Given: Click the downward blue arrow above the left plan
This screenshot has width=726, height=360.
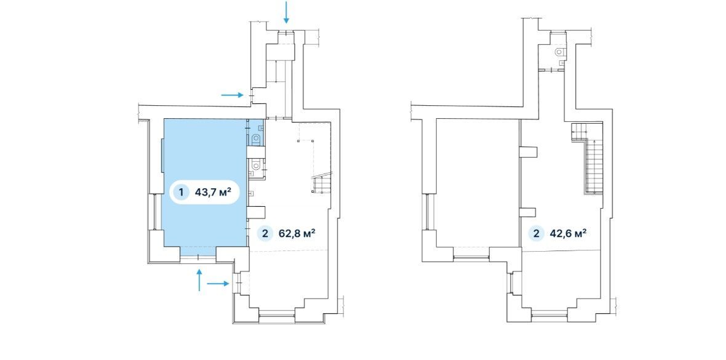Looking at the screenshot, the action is (x=286, y=12).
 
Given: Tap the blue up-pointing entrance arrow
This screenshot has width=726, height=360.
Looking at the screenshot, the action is (x=199, y=280).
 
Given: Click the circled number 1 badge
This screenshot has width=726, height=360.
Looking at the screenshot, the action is (x=181, y=192).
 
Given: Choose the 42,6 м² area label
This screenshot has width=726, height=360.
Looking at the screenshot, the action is (x=568, y=233).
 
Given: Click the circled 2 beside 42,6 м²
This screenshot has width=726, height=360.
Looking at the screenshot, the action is (x=536, y=233).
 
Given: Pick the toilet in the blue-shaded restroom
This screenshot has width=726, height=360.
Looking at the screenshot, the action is (x=256, y=138).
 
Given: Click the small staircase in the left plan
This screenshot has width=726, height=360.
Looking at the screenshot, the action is (x=321, y=183).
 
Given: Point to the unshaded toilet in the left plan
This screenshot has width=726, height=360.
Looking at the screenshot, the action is (x=255, y=164).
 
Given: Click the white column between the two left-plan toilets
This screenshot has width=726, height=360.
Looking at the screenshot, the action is (x=255, y=151).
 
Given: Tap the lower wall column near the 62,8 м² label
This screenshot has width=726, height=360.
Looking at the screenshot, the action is (x=255, y=212).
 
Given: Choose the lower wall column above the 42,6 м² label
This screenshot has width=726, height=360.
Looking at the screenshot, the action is (x=528, y=213).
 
